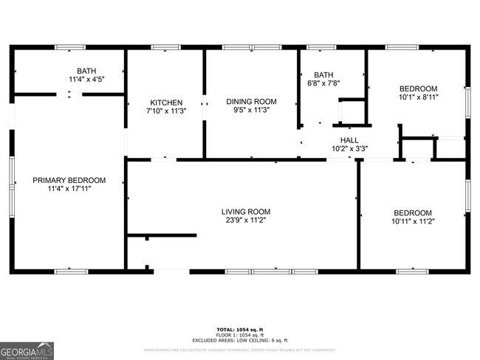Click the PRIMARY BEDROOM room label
tap(69, 180)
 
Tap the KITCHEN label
tap(166, 103)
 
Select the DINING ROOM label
tap(251, 101)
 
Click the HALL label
tap(349, 139)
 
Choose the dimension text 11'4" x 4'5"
tap(86, 79)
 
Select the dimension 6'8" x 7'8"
tap(323, 83)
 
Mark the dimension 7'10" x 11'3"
tap(166, 111)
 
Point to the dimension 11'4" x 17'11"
tap(69, 189)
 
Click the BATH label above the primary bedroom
tap(86, 71)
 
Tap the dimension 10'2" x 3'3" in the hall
tap(349, 148)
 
